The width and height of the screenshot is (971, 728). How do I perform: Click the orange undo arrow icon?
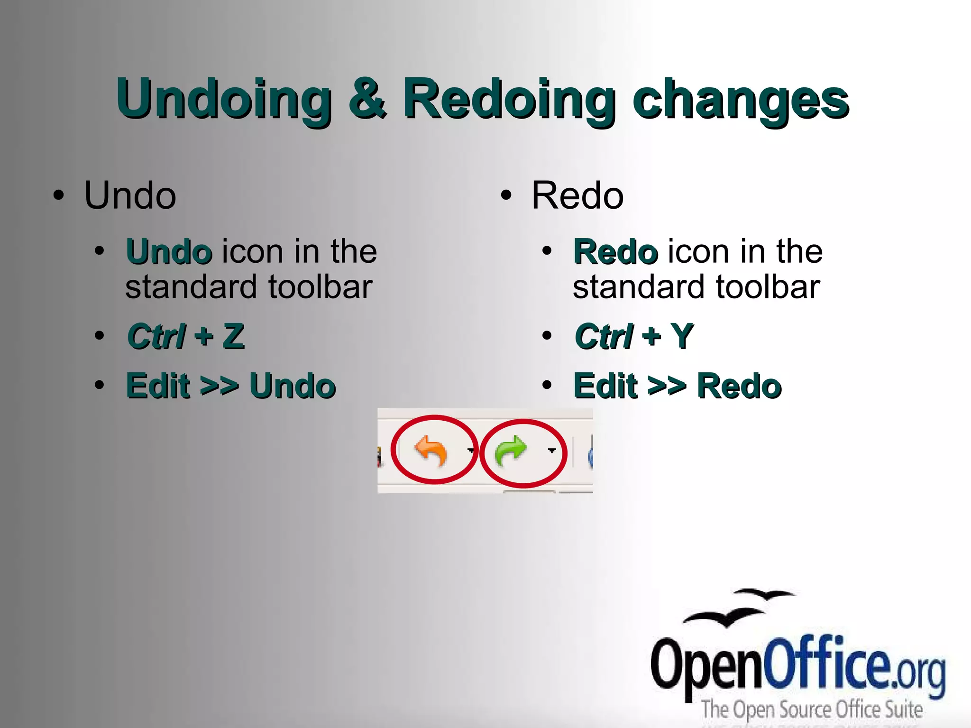click(x=431, y=451)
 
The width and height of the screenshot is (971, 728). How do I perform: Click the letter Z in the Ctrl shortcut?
click(x=234, y=336)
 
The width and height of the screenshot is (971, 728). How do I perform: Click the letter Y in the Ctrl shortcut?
click(x=682, y=336)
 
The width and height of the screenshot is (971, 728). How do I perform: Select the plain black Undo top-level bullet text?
click(x=130, y=195)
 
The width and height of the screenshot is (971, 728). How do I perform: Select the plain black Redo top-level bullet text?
click(x=577, y=195)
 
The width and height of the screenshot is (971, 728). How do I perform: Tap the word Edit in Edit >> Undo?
click(x=158, y=386)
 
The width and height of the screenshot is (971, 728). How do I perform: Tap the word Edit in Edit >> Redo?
click(x=605, y=386)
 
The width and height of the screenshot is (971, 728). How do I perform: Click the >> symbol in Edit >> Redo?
click(x=667, y=386)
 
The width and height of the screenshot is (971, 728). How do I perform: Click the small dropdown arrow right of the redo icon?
click(x=551, y=450)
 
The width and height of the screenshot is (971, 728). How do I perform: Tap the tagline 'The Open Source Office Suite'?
click(x=812, y=710)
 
